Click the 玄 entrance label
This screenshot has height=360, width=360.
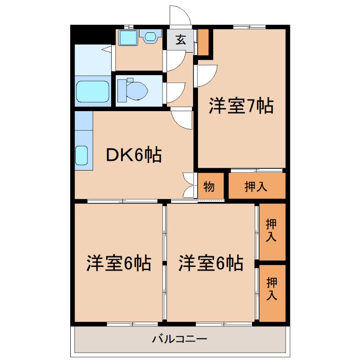(x=181, y=40)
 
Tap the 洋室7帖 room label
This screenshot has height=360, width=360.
(x=241, y=106)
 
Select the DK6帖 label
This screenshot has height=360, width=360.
(x=134, y=155)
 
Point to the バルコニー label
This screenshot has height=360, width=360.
(x=180, y=339)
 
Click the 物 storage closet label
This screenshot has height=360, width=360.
(x=209, y=186)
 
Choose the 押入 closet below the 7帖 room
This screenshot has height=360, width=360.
(x=256, y=186)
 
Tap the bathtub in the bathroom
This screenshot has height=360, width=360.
(x=93, y=91)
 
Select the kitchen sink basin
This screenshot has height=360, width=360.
(x=81, y=155)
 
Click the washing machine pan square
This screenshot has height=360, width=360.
(x=128, y=37)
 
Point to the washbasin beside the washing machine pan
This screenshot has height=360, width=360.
(x=150, y=36)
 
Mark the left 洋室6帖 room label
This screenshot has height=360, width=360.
(x=119, y=263)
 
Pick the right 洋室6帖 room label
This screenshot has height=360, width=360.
(x=211, y=263)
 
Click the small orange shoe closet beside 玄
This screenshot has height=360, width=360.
(x=203, y=42)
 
